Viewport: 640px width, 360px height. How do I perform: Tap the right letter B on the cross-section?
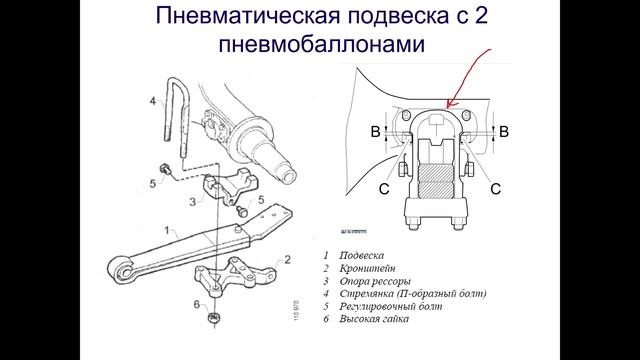[504, 131]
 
